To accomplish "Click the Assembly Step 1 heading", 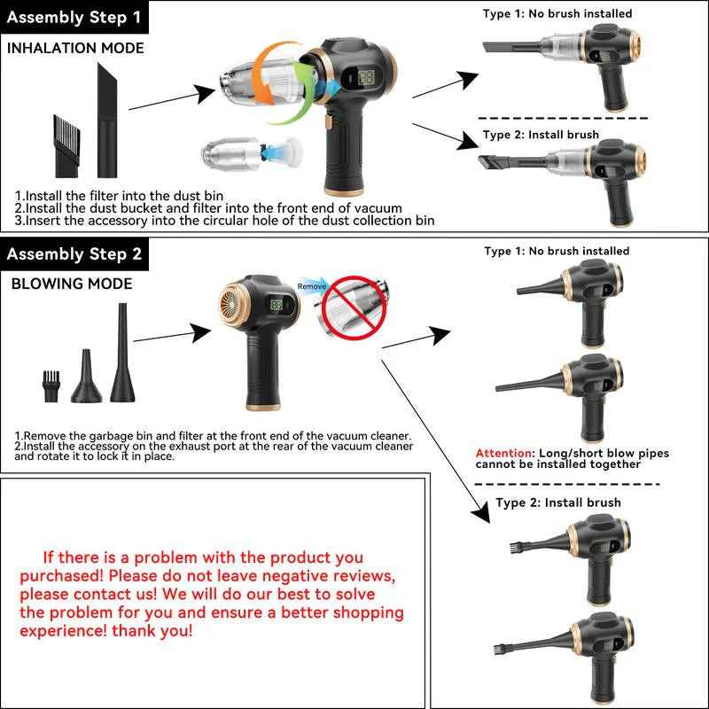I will point(74,18).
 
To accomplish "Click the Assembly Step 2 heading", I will point(74,254).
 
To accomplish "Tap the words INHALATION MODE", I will point(75,48).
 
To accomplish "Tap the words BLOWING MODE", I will point(72,284).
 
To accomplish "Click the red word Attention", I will point(502,453).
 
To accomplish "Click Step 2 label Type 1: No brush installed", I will point(556,252).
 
